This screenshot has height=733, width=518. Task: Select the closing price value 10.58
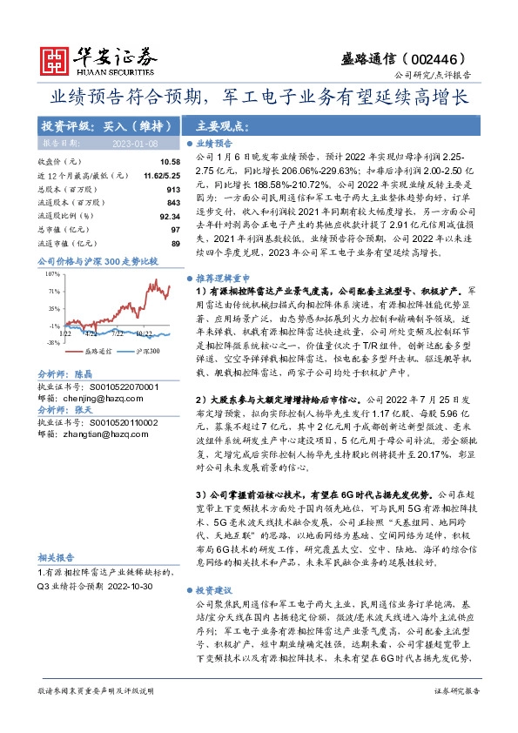(169, 162)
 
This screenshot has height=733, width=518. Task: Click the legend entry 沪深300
(148, 350)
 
